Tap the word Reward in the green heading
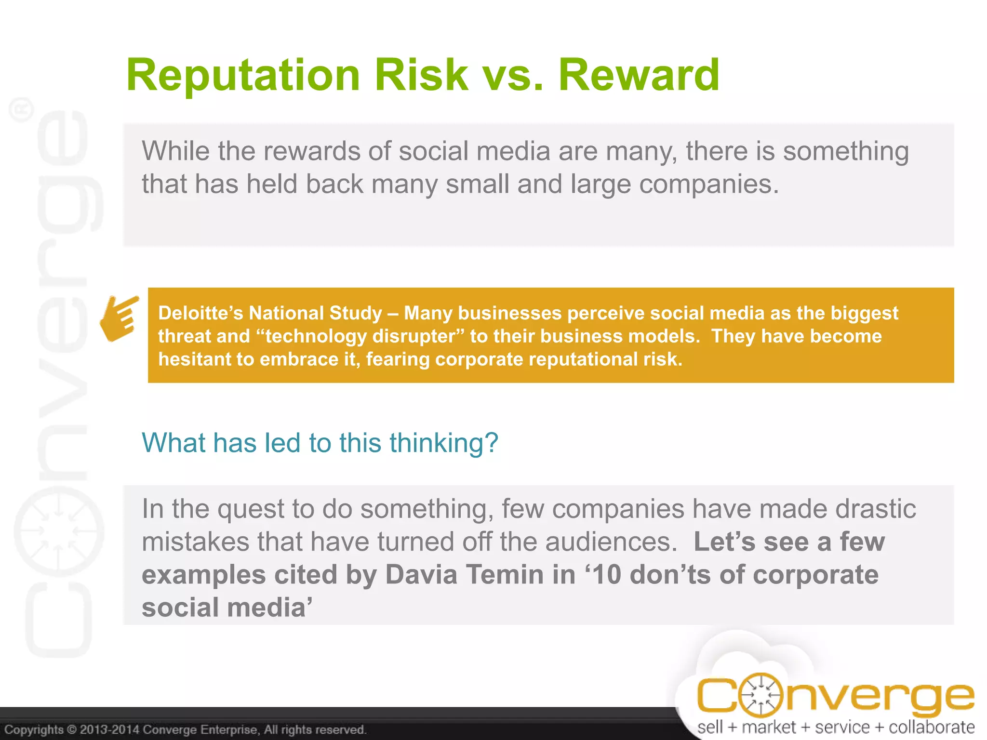(639, 75)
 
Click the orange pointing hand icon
(119, 318)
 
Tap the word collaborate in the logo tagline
(931, 727)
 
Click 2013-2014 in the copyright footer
(110, 729)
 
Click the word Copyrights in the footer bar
(34, 729)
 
